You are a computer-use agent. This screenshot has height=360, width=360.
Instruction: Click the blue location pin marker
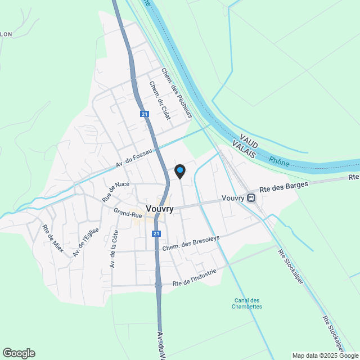(x=179, y=171)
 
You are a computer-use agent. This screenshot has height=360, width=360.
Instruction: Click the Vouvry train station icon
(x=251, y=197)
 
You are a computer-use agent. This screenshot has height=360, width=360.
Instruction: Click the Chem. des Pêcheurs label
(x=177, y=93)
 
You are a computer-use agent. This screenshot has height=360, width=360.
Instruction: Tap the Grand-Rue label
(x=127, y=213)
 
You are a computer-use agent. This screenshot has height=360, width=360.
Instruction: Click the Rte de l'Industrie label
(x=195, y=277)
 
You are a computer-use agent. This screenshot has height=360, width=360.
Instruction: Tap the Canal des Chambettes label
(x=247, y=303)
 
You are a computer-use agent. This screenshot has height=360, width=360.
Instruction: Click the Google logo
(x=19, y=353)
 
